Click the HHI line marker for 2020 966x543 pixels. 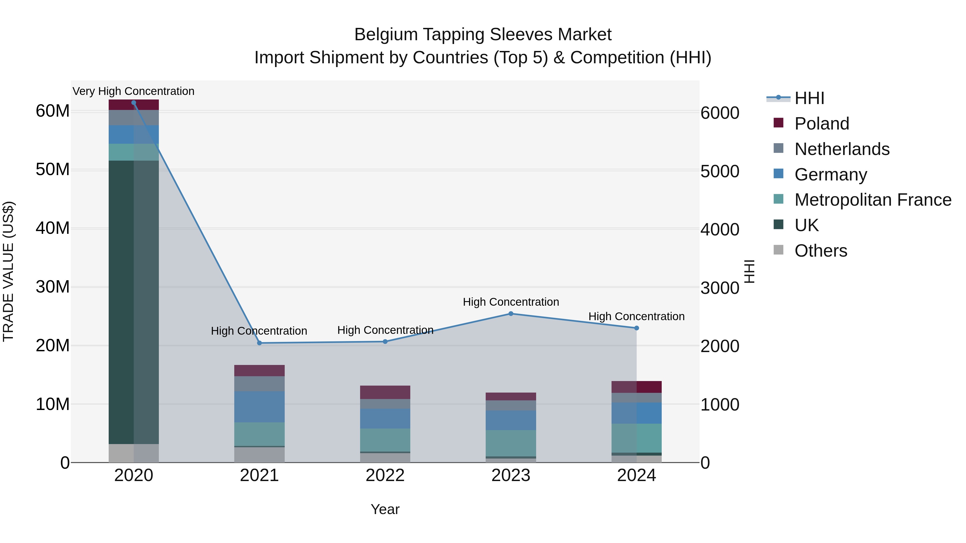click(x=134, y=103)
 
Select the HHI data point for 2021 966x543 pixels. click(x=259, y=343)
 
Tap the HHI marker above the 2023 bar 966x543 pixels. click(x=511, y=314)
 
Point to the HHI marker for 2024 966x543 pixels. click(x=636, y=328)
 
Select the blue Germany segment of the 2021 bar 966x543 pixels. click(x=259, y=407)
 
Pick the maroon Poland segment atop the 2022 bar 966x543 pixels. click(x=385, y=392)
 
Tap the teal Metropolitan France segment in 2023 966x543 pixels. click(x=511, y=443)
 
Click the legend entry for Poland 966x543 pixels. click(x=821, y=124)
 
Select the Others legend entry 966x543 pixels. click(x=821, y=251)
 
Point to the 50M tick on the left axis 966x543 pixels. click(x=53, y=170)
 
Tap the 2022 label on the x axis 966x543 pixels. click(x=385, y=475)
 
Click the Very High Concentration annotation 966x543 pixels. click(x=134, y=91)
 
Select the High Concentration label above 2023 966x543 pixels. click(x=511, y=302)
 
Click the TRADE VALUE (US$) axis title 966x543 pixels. click(x=8, y=271)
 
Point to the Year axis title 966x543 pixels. click(x=385, y=509)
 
